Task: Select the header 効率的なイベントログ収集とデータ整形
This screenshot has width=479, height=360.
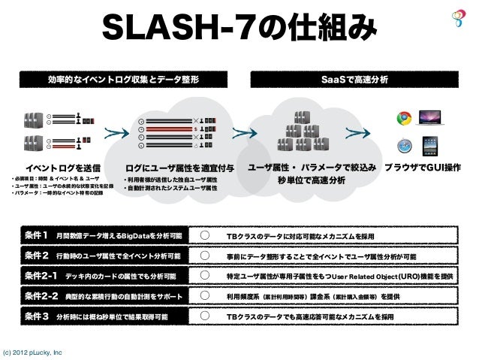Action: [125, 78]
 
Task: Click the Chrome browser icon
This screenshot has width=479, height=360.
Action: [404, 117]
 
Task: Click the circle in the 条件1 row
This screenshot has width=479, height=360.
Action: [205, 236]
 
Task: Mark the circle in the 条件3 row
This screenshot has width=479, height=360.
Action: [205, 317]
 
